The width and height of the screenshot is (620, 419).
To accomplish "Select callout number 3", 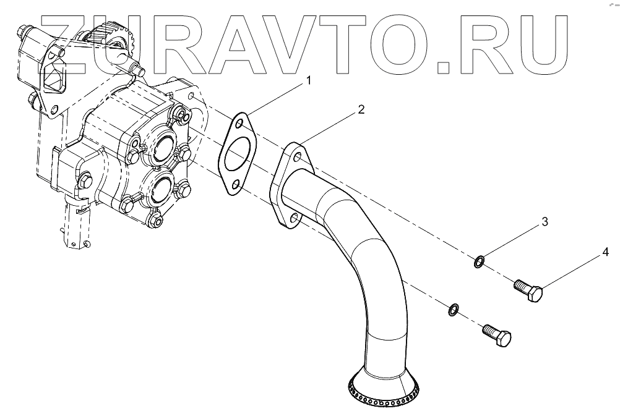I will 545,222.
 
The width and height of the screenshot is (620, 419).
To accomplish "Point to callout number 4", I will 606,252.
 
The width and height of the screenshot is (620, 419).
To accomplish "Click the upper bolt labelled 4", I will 529,289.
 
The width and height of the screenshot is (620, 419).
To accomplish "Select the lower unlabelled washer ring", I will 454,308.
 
